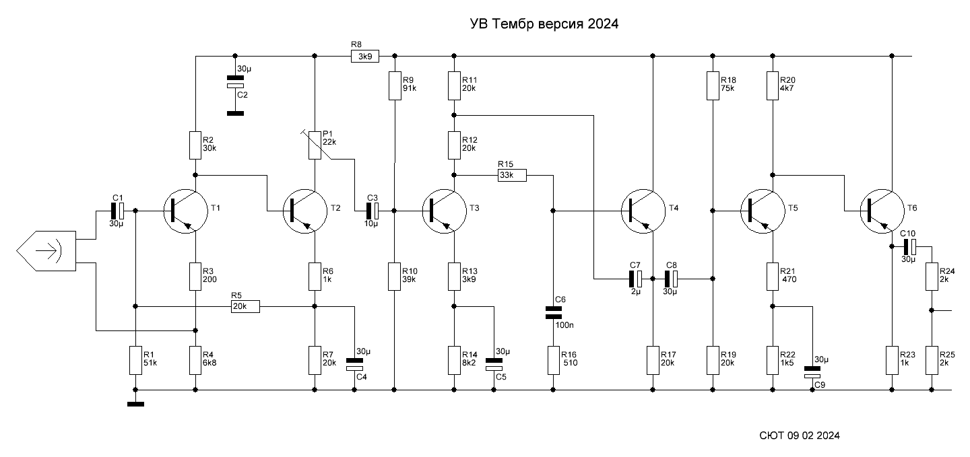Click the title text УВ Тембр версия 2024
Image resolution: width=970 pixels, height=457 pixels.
click(x=544, y=24)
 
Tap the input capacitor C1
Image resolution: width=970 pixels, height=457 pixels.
click(x=117, y=211)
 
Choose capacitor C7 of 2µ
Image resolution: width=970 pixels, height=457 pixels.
click(x=637, y=277)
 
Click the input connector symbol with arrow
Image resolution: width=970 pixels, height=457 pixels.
click(x=46, y=250)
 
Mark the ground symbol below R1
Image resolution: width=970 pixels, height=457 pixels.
click(x=135, y=404)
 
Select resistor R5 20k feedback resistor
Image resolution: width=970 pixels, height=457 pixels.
click(x=244, y=306)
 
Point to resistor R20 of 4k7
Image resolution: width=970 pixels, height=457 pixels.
click(x=773, y=86)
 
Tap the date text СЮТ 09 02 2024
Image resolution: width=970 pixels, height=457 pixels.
click(x=799, y=435)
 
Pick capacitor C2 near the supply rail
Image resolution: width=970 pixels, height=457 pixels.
click(x=235, y=83)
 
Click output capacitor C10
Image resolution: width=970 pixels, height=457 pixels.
click(x=910, y=247)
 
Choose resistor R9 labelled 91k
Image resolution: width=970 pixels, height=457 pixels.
click(x=394, y=86)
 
